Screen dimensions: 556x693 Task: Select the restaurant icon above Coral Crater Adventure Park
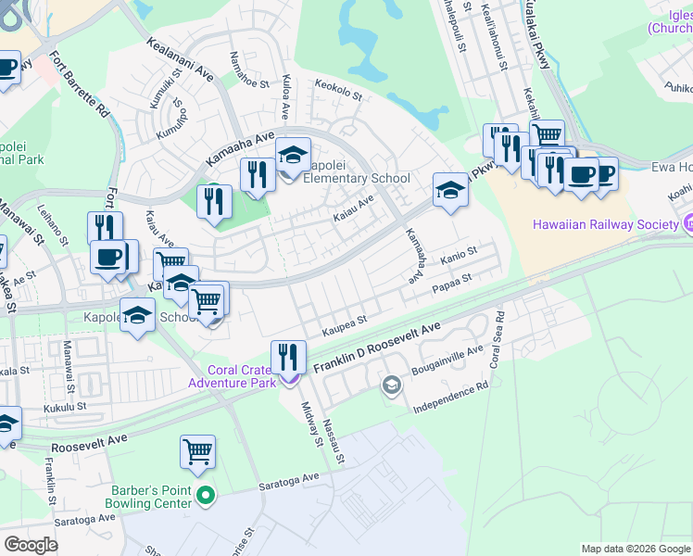[x=288, y=355]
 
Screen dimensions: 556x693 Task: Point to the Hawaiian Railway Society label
[x=605, y=224]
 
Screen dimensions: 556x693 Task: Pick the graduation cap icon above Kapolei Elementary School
[x=293, y=155]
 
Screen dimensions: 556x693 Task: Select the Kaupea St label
[x=345, y=322]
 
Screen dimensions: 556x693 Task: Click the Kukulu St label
[x=68, y=406]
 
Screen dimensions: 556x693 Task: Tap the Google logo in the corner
[x=31, y=544]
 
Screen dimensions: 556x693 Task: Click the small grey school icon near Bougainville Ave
[x=392, y=385]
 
